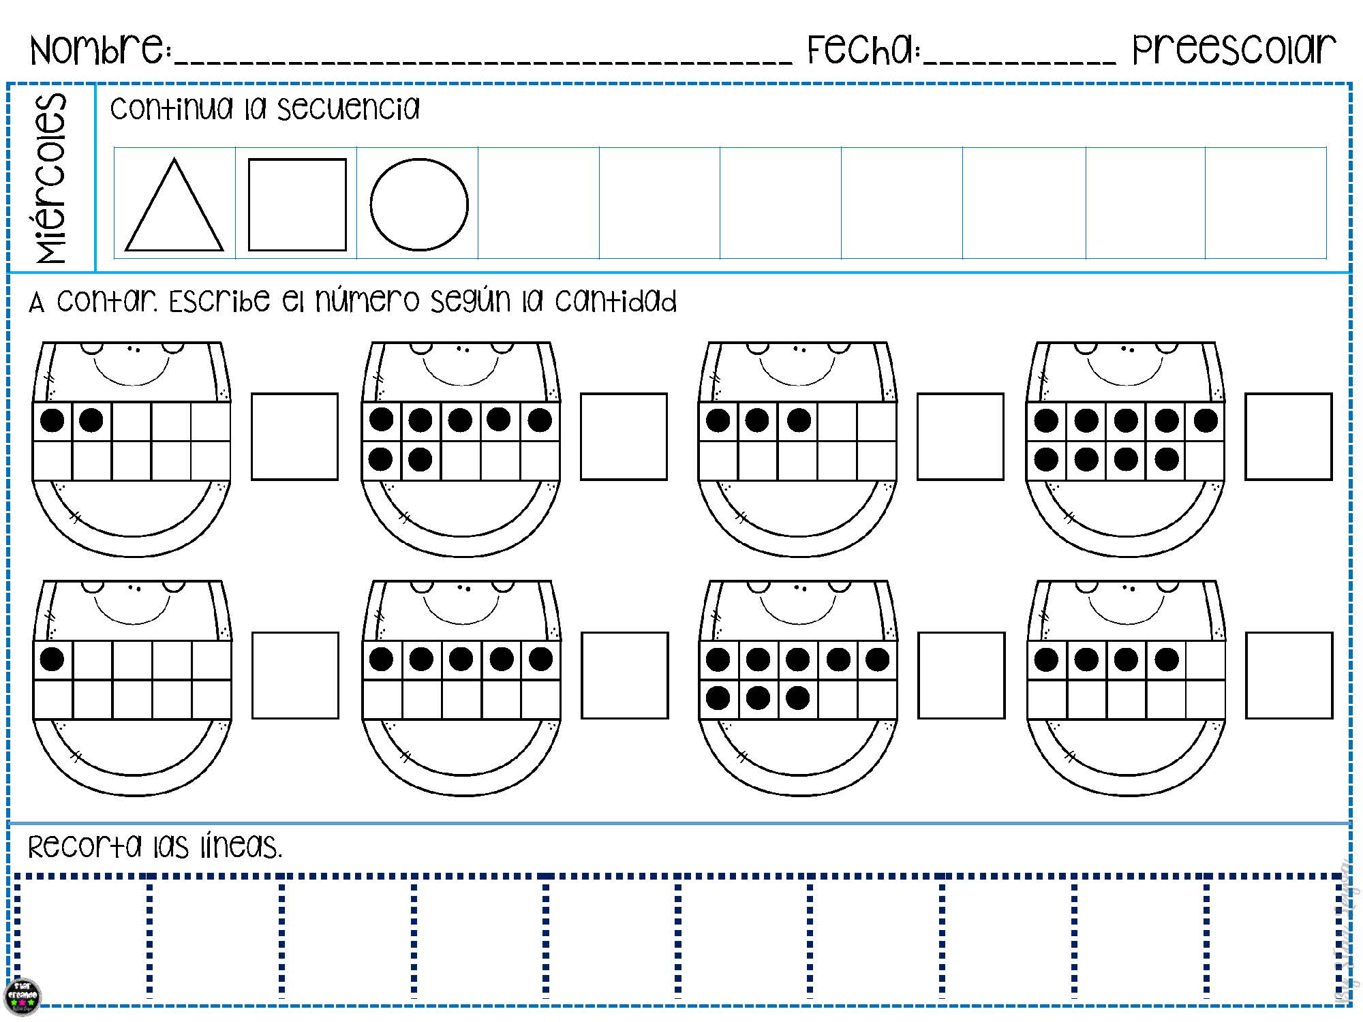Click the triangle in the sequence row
tap(174, 211)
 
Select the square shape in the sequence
tap(297, 204)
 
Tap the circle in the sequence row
tap(419, 204)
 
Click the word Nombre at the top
tap(99, 49)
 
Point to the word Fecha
tap(863, 49)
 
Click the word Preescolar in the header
tap(1234, 49)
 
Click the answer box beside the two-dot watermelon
tap(294, 437)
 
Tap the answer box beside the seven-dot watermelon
tap(624, 437)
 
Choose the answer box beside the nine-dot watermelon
tap(1288, 437)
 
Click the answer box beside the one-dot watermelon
tap(295, 675)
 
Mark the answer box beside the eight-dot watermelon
tap(961, 675)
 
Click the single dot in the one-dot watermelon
tap(52, 659)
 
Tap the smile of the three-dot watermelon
tap(797, 375)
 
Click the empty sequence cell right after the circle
tap(538, 203)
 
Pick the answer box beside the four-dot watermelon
tap(1289, 675)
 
